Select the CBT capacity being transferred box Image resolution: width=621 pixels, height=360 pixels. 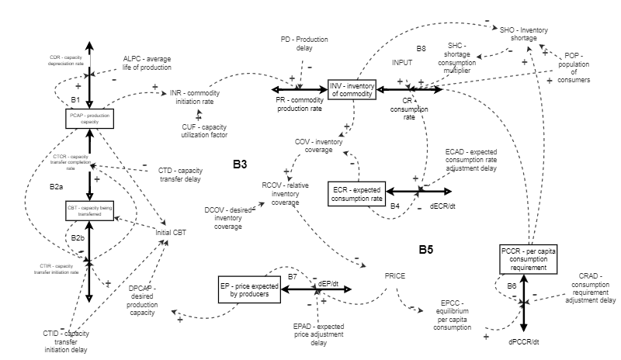pyautogui.click(x=91, y=210)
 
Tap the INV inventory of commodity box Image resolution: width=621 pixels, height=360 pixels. pyautogui.click(x=352, y=89)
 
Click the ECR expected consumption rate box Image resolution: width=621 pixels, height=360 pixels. pyautogui.click(x=356, y=194)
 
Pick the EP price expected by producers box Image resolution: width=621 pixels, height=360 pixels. pyautogui.click(x=251, y=288)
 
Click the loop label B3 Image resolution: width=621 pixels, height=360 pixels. pyautogui.click(x=239, y=164)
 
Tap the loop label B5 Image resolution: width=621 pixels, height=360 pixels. pyautogui.click(x=425, y=250)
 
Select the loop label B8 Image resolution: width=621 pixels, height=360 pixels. pyautogui.click(x=421, y=49)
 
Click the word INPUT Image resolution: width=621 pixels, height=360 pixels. pyautogui.click(x=402, y=61)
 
